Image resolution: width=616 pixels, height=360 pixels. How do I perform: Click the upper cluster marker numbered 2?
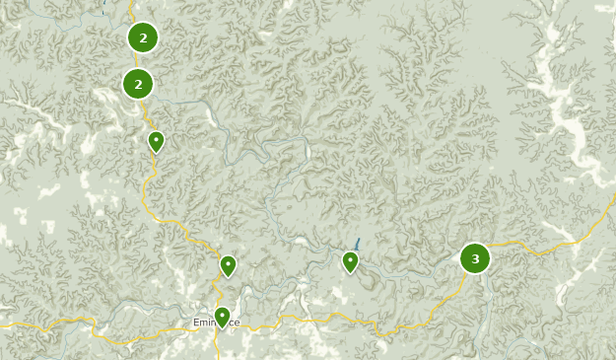click(143, 38)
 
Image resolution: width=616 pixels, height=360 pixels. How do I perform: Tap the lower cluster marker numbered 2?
click(138, 84)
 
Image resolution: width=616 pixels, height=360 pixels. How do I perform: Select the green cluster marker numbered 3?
click(475, 259)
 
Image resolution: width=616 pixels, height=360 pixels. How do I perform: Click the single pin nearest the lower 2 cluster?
click(156, 142)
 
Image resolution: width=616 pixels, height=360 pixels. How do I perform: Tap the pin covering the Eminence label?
click(222, 317)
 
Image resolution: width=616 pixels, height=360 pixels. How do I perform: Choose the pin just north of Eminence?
click(228, 265)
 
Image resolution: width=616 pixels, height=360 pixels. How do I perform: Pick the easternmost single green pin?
click(350, 261)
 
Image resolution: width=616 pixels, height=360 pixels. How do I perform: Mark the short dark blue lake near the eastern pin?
click(358, 243)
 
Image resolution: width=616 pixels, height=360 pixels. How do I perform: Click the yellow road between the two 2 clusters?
click(137, 62)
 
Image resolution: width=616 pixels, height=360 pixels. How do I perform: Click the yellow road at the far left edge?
click(8, 324)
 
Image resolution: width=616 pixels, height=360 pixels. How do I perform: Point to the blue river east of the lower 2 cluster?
click(197, 103)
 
